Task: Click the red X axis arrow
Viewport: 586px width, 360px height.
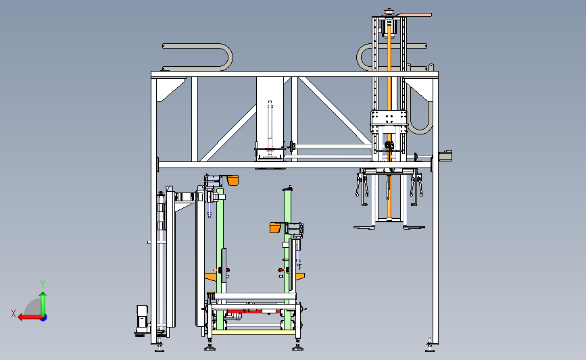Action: click(x=30, y=317)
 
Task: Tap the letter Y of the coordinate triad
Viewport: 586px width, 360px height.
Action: click(x=42, y=284)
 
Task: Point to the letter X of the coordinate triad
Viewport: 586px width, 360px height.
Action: click(x=14, y=313)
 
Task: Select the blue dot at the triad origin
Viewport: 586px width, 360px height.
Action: click(x=43, y=318)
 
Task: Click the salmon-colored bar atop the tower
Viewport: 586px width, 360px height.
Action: click(x=414, y=15)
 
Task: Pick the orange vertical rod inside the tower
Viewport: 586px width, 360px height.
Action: click(x=389, y=120)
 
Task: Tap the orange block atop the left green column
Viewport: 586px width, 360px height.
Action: click(x=233, y=180)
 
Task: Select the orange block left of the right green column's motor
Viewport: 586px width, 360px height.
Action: click(x=276, y=228)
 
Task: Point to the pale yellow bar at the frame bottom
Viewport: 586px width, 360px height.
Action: click(x=255, y=332)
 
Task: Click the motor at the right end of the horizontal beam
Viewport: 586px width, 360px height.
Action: click(x=445, y=156)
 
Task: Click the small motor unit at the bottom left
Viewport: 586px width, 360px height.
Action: click(x=142, y=319)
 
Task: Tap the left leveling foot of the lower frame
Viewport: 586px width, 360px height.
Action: click(x=210, y=346)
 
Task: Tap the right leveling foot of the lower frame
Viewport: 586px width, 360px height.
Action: click(x=298, y=346)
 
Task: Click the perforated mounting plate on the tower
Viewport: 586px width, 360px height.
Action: click(x=389, y=122)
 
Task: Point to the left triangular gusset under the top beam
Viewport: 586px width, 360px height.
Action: click(x=170, y=90)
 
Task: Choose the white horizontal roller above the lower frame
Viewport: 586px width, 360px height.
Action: click(x=255, y=297)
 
